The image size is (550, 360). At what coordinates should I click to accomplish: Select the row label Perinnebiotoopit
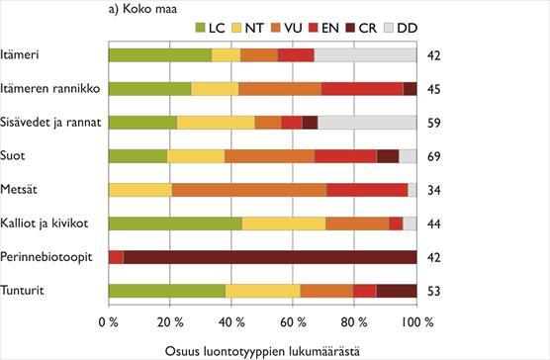(x=47, y=256)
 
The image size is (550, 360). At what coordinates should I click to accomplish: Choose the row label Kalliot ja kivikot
(x=45, y=223)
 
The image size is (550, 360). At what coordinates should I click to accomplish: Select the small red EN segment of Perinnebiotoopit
(x=116, y=256)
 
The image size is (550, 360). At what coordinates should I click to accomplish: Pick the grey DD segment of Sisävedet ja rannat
(x=367, y=123)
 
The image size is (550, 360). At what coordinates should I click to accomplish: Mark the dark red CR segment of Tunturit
(x=397, y=290)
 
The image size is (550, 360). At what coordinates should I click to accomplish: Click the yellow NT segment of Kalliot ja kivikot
(x=284, y=223)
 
